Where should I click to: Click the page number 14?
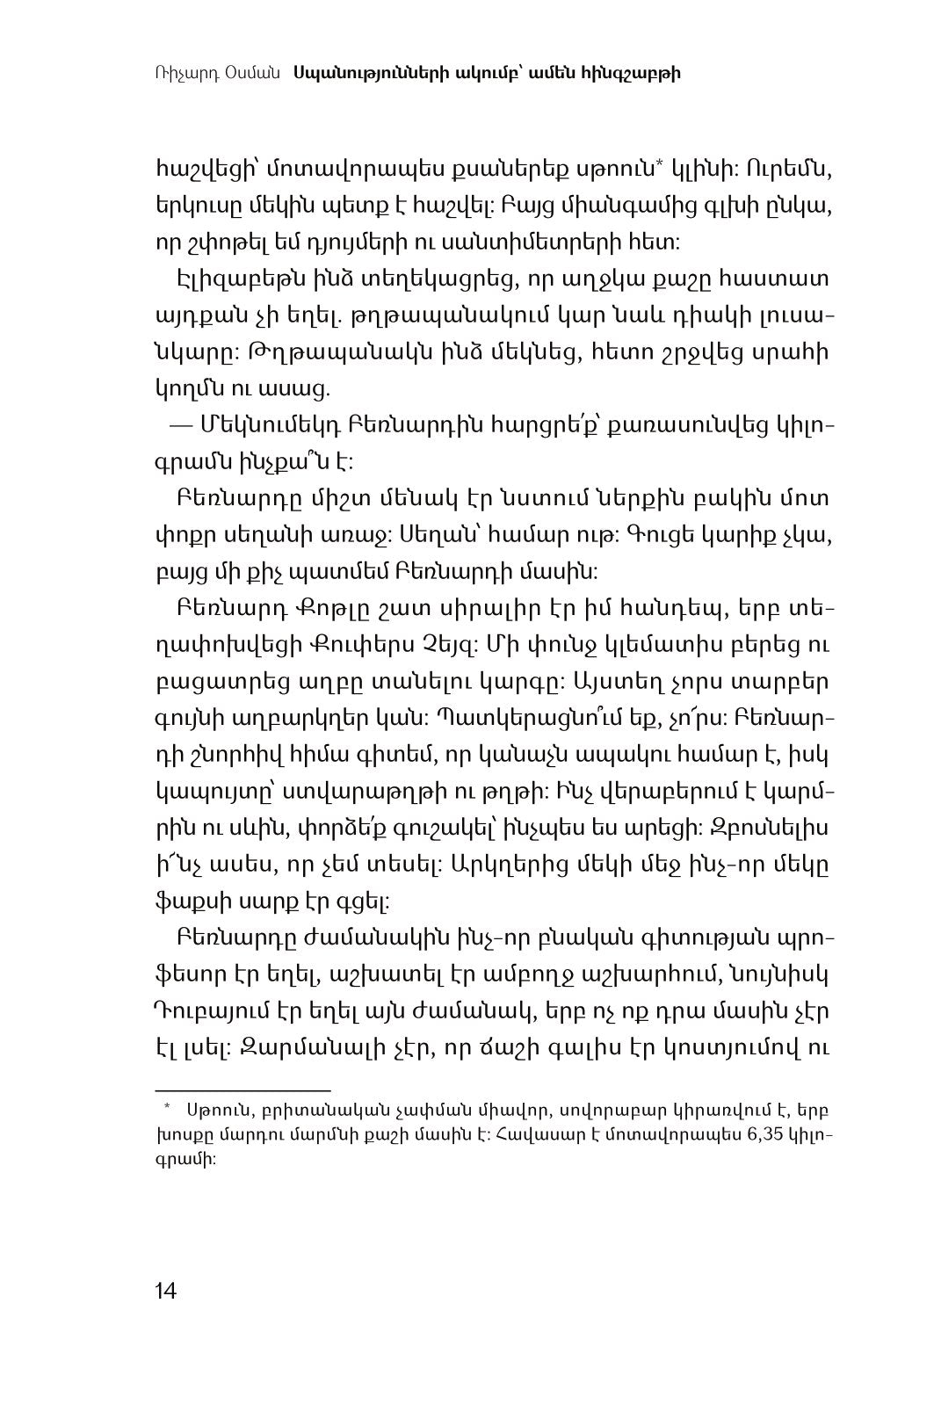(165, 1291)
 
